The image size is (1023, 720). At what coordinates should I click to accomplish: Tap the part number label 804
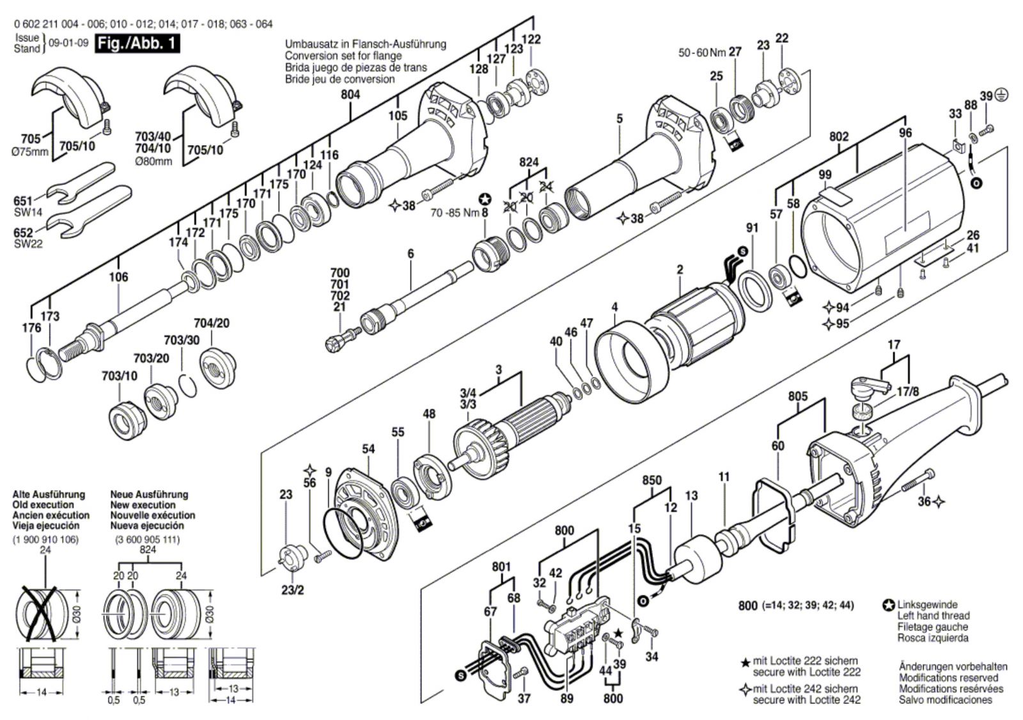(x=350, y=95)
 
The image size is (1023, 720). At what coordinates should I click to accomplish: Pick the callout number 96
(x=905, y=133)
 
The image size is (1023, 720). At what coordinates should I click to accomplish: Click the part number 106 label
(x=118, y=277)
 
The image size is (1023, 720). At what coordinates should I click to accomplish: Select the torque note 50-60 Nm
(x=701, y=52)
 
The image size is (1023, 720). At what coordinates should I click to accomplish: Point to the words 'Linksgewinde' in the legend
(x=927, y=604)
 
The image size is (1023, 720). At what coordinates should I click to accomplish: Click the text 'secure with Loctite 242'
(x=806, y=700)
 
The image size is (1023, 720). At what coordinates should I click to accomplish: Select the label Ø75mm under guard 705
(x=31, y=152)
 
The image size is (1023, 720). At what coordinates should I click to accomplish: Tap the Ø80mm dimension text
(x=154, y=161)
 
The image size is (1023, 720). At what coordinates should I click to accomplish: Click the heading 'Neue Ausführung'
(x=149, y=494)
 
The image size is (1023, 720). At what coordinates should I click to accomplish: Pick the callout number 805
(x=797, y=396)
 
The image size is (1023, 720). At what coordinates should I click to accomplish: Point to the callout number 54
(x=368, y=450)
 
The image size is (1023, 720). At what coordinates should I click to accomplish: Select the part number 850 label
(x=652, y=480)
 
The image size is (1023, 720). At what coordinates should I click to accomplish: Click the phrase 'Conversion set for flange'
(x=343, y=56)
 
